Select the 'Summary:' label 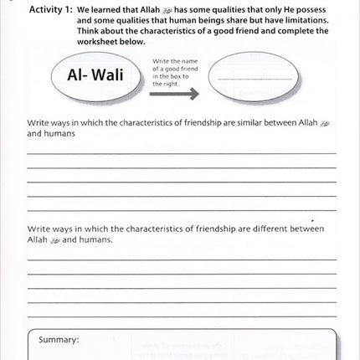(59, 340)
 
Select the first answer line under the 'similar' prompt (180, 152)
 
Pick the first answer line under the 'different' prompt (180, 259)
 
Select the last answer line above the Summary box (180, 316)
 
